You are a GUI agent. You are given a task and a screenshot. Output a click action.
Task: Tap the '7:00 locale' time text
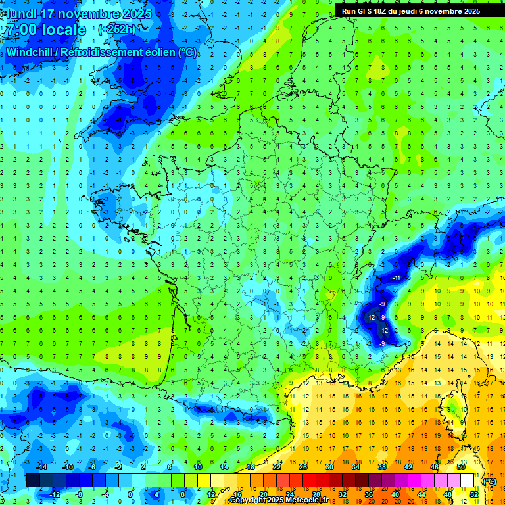click(45, 30)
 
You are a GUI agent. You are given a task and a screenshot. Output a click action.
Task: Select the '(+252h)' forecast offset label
click(116, 30)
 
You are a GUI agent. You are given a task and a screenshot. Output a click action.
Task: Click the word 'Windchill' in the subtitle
click(31, 51)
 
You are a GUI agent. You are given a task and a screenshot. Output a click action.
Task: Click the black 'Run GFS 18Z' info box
click(410, 11)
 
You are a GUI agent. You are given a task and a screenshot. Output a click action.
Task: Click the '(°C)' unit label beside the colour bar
click(489, 481)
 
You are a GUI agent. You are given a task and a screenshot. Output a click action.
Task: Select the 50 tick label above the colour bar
click(461, 467)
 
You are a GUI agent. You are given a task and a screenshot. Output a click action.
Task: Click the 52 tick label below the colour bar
click(473, 494)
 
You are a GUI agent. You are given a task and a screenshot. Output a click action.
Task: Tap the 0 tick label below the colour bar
click(130, 494)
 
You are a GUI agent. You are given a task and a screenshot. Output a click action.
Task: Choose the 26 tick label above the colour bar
click(303, 467)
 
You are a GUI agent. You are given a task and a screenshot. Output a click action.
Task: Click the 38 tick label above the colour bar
click(382, 467)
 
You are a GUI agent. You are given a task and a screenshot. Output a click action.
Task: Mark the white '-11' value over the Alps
click(396, 279)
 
